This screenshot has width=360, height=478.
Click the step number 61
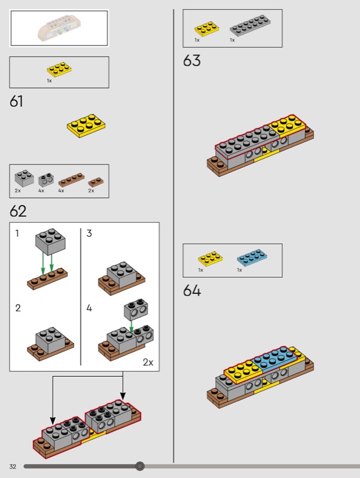coord(16,101)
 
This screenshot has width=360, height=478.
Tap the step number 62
coord(18,211)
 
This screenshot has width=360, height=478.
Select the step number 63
coord(192,60)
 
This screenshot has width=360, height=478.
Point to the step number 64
coord(192,290)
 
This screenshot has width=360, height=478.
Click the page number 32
coord(13,467)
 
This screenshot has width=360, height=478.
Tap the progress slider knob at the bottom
coord(140,466)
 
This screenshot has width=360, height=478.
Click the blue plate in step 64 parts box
coord(252,258)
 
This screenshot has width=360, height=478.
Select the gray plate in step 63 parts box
coord(250,25)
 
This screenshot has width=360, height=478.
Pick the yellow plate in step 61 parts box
coord(59,69)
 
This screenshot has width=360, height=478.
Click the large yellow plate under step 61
coord(86,126)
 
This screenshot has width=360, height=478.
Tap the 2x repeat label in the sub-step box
coord(148,362)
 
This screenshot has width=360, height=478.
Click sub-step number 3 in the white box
coord(89,233)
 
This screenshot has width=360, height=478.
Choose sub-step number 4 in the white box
coord(89,308)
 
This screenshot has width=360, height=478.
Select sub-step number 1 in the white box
coord(17,233)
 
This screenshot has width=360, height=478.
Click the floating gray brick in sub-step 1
coord(50,241)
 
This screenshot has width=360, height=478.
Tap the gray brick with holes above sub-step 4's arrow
coord(136,310)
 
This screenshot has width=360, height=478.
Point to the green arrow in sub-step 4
coord(132,326)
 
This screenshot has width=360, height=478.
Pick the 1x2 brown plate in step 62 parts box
coord(96,182)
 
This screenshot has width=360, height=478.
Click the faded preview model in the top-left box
coord(58,29)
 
